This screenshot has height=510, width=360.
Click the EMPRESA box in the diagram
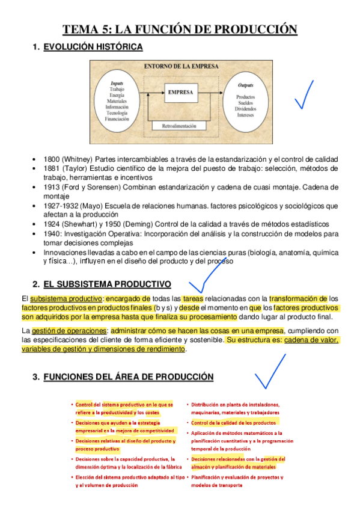tap(181, 93)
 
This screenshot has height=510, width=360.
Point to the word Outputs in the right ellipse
tap(245, 85)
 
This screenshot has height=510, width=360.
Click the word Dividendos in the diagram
tap(245, 109)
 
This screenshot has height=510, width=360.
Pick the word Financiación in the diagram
tap(117, 119)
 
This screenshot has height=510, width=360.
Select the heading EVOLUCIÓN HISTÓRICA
tap(93, 47)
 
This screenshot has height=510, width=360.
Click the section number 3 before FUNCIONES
tap(35, 376)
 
